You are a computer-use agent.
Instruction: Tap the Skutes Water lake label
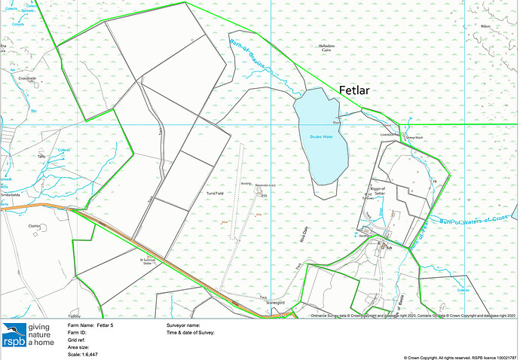320,136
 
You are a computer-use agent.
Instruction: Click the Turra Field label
215,194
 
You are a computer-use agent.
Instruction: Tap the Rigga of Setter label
378,191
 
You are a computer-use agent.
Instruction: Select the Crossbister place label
28,78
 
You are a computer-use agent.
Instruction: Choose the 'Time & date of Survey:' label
191,332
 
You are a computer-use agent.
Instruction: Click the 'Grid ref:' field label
78,340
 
